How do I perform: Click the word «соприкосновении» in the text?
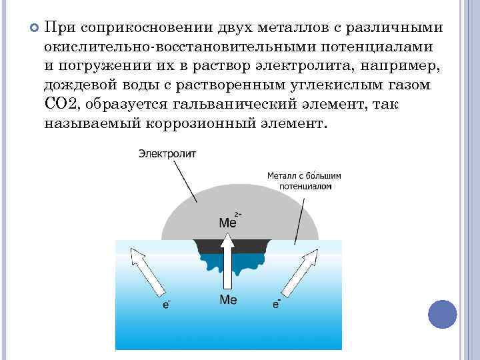(141, 29)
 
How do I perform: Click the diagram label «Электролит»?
(167, 154)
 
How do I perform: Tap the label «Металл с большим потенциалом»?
(303, 181)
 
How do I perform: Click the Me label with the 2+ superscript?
(229, 222)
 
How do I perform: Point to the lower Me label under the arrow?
(228, 300)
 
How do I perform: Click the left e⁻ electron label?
(167, 304)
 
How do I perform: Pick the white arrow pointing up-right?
(307, 269)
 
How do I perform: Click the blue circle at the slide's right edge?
(442, 313)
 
